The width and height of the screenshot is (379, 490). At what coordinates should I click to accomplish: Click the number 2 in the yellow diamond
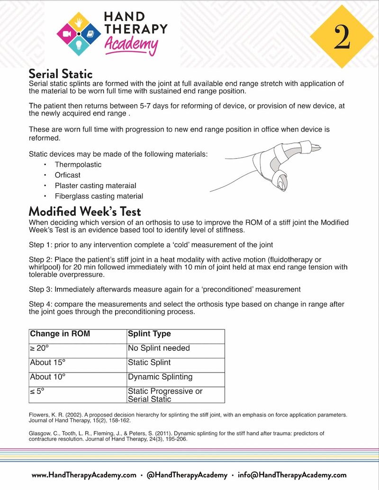(x=342, y=37)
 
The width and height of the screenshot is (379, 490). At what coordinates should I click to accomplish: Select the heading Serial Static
(x=61, y=74)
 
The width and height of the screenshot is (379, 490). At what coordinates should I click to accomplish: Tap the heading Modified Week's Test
(x=85, y=211)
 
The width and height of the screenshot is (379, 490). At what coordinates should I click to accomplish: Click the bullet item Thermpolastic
(x=78, y=165)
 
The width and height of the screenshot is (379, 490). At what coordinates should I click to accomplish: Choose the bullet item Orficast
(x=68, y=175)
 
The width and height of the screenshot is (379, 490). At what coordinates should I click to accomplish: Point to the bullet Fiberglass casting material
(x=99, y=196)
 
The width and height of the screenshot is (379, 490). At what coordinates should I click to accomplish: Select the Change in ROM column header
(x=60, y=334)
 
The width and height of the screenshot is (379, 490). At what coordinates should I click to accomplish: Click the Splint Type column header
(x=149, y=334)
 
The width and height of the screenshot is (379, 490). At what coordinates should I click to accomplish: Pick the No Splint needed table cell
(x=159, y=348)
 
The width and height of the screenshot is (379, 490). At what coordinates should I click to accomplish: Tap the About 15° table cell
(x=48, y=363)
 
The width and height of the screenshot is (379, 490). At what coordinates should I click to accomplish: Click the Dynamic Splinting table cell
(x=160, y=377)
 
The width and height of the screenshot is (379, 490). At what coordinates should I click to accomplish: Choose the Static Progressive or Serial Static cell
(x=165, y=395)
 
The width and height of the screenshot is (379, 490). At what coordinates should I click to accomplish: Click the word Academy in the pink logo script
(x=131, y=45)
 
